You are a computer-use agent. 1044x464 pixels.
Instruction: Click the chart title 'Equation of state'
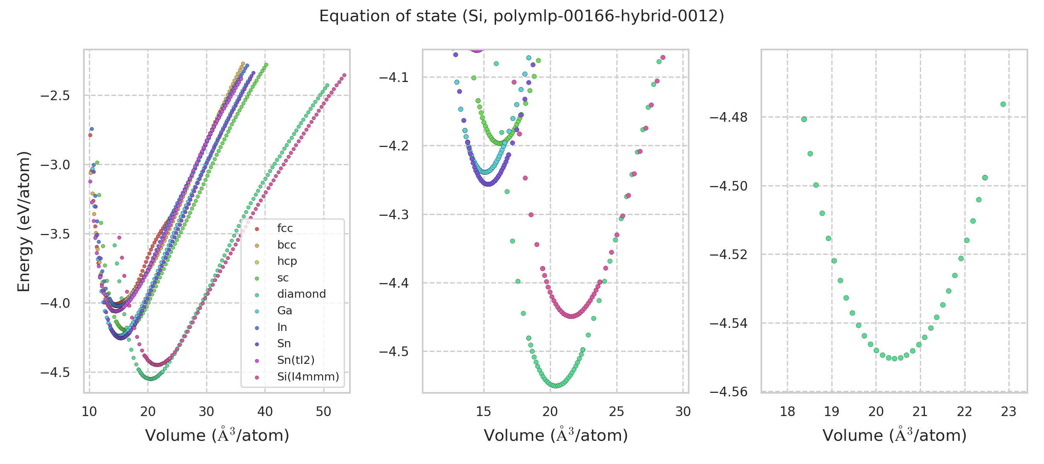521,16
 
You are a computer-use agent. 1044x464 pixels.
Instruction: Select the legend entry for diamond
301,294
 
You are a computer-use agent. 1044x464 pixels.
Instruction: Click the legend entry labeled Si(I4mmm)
308,377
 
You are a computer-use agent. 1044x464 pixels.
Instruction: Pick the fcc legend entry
285,228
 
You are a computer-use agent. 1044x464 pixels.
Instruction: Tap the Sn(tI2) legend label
295,360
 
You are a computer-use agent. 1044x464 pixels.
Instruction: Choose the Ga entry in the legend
284,310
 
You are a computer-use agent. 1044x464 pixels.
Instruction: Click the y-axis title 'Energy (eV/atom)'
24,221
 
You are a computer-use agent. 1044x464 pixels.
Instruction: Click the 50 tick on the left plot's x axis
323,412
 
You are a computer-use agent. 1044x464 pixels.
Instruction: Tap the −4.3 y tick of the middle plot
394,214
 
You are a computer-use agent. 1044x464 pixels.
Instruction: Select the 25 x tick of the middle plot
616,412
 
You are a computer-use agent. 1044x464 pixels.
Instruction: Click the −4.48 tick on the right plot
728,118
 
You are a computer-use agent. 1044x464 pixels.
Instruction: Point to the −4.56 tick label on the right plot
728,391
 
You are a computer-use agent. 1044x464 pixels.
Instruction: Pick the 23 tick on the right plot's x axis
1008,412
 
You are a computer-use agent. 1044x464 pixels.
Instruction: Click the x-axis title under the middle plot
556,435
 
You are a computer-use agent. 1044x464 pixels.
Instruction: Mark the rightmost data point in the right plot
1003,104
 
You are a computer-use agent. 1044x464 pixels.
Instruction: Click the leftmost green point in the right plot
804,119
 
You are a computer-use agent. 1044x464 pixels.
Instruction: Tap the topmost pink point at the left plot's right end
344,75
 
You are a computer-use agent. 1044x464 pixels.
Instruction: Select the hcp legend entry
287,261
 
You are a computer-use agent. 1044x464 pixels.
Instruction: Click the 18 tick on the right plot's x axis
788,412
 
